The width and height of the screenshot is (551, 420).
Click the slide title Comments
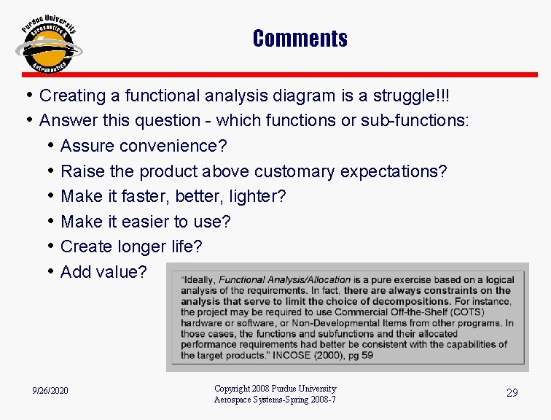(300, 38)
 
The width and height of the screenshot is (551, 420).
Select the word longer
(140, 246)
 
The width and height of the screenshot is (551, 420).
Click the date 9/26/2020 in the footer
(50, 392)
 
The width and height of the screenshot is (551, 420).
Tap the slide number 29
(512, 393)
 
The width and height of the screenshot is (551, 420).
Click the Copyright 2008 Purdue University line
(275, 389)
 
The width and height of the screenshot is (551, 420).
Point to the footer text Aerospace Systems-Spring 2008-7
(275, 400)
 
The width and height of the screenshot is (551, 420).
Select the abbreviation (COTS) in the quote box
(493, 312)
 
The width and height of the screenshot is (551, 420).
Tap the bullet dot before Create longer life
(50, 246)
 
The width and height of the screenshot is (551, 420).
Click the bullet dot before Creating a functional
(29, 96)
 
